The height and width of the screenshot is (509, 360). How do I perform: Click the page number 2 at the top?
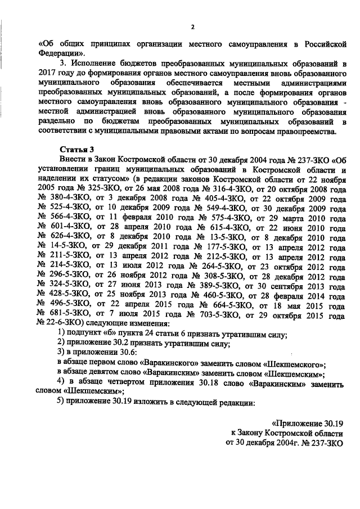coord(192,26)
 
